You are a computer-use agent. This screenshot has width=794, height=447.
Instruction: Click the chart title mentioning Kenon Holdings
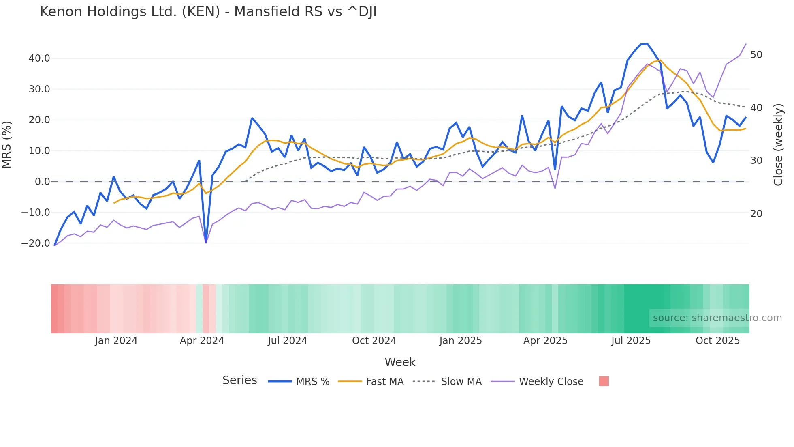pos(208,12)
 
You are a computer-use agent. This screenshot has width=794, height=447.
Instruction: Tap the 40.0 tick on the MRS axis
pos(39,58)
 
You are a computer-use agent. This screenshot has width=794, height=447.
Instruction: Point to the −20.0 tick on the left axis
pos(36,243)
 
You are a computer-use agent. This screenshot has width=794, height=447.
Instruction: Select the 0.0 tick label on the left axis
pos(42,182)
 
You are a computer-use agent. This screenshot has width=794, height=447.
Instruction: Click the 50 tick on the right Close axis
pos(756,55)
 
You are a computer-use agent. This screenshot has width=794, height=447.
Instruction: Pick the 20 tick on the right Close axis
pos(756,214)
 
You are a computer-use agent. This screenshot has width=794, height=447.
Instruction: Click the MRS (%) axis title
pos(7,144)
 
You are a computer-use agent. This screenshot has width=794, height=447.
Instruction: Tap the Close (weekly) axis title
pos(778,145)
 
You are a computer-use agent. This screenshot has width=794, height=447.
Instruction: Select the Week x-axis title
pos(400,362)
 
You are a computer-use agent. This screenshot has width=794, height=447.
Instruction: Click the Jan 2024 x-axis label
pos(116,341)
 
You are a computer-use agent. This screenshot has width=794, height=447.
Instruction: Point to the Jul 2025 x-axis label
pos(631,341)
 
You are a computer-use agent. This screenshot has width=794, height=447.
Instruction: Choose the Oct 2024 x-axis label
pos(374,341)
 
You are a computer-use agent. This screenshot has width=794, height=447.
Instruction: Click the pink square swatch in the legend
pos(604,381)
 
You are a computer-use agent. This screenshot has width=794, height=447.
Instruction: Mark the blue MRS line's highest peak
pos(647,44)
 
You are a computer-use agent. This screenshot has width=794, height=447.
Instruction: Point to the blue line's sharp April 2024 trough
pos(206,243)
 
